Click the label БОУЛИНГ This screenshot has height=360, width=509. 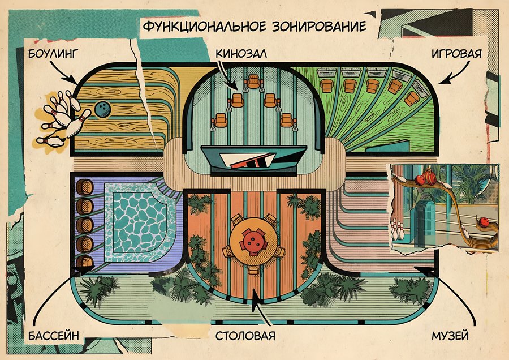53,53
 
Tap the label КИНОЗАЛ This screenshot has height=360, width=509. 241,53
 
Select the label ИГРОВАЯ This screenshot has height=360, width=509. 456,53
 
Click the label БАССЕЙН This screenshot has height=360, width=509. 54,335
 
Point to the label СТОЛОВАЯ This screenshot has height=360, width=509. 245,335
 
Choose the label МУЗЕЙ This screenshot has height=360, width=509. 450,335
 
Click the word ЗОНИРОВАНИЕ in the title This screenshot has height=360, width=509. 319,26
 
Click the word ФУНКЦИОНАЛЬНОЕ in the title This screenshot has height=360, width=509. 205,26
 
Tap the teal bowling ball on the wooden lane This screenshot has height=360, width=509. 103,109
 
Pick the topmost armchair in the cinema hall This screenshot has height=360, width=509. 253,82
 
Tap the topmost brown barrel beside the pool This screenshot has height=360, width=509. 85,187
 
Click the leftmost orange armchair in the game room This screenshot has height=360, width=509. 326,85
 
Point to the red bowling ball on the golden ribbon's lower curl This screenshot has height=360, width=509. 484,222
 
